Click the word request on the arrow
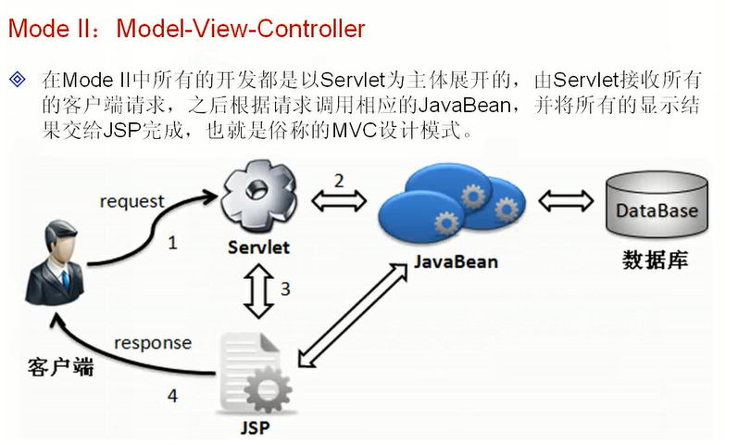131,201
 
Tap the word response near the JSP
153,343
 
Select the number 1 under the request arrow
172,244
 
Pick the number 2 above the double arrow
339,180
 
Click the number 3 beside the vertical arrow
285,289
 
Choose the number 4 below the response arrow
172,396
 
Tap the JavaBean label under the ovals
456,261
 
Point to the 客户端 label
61,367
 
